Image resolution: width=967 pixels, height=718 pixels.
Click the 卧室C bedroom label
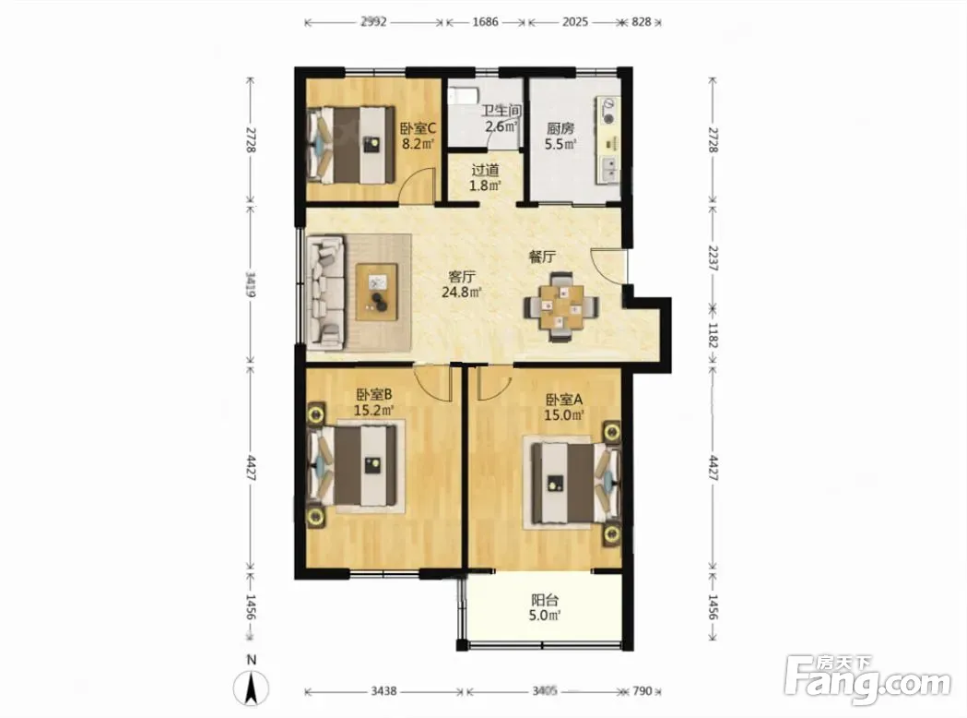click(x=419, y=137)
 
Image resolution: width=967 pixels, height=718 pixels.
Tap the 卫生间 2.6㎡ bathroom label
click(x=501, y=118)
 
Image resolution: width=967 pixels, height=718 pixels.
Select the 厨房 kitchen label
click(x=560, y=137)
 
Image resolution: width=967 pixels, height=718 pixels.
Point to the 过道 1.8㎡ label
click(x=486, y=177)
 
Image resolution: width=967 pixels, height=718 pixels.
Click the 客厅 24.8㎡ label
click(x=461, y=284)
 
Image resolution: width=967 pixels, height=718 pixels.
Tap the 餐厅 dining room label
click(x=543, y=257)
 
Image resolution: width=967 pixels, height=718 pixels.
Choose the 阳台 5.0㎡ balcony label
click(x=545, y=607)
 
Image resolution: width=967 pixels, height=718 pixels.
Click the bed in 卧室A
click(x=571, y=483)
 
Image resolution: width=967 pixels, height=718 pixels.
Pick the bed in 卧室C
click(x=350, y=145)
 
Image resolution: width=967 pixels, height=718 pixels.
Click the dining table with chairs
click(x=561, y=306)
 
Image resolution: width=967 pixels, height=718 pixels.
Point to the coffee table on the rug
click(x=377, y=292)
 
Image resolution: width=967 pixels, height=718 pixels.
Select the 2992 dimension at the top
click(x=373, y=22)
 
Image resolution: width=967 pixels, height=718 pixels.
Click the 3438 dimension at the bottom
click(x=383, y=691)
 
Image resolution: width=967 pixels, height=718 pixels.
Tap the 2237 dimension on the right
click(x=713, y=258)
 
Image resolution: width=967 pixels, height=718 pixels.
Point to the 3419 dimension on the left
click(x=250, y=284)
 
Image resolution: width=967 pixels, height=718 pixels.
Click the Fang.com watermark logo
click(x=868, y=681)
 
